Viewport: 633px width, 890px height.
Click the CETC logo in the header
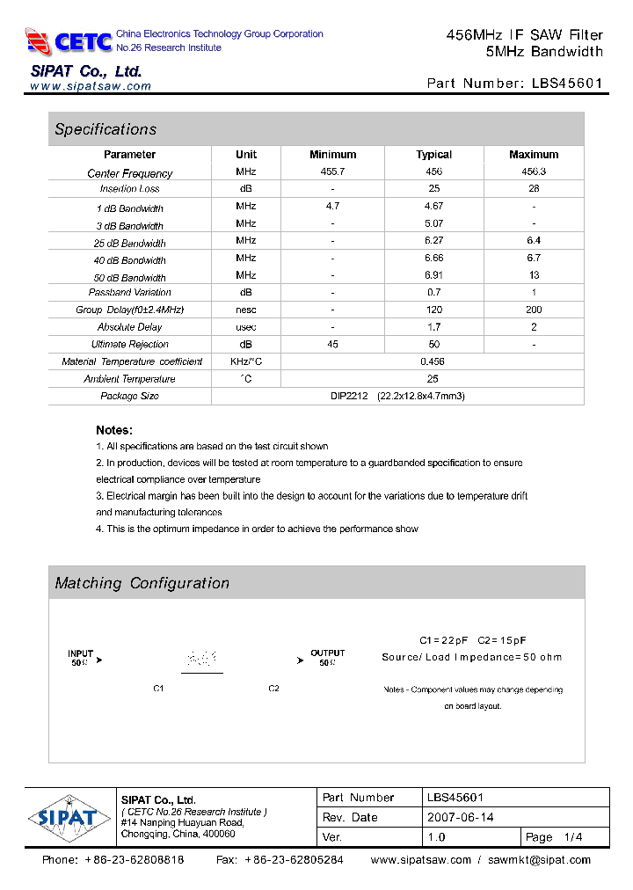(69, 40)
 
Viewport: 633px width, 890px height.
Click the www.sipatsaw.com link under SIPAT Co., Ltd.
(91, 86)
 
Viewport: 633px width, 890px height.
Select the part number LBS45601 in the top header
(567, 84)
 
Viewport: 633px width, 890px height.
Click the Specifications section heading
(105, 129)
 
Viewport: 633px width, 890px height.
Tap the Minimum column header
(332, 155)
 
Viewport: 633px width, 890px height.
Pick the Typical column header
(433, 155)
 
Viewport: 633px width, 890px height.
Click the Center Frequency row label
(130, 173)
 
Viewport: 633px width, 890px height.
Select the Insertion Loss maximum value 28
(534, 189)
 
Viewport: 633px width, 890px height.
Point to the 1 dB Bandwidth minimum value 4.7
(332, 206)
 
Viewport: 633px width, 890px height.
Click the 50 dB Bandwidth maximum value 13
(534, 275)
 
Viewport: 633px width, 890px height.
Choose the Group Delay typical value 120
(433, 310)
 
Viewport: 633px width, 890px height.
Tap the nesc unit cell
(246, 310)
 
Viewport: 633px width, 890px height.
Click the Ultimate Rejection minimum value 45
(332, 344)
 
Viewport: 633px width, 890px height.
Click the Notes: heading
(114, 430)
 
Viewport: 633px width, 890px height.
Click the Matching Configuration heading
(142, 583)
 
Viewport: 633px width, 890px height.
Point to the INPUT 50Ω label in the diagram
(82, 658)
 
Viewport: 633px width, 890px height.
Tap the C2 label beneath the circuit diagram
(273, 689)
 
